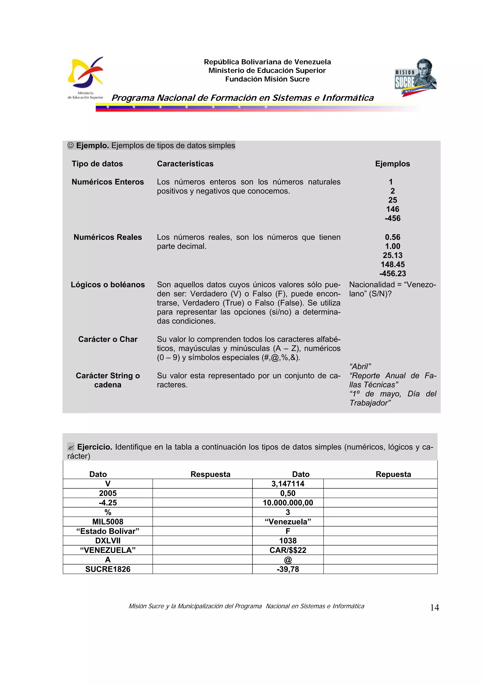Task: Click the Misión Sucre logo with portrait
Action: click(415, 78)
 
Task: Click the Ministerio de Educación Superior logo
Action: click(86, 78)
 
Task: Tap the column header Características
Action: click(185, 164)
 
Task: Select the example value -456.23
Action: click(393, 273)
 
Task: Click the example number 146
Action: click(393, 209)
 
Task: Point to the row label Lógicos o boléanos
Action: click(108, 285)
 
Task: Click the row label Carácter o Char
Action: click(108, 339)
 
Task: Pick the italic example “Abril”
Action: click(360, 366)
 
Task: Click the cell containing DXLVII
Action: click(108, 541)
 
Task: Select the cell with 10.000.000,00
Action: click(288, 503)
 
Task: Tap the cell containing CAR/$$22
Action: click(288, 550)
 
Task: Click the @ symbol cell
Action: click(288, 560)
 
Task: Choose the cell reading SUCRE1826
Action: click(108, 569)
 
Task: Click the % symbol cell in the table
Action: click(108, 512)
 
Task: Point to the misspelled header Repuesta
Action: click(393, 474)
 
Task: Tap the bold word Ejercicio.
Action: click(95, 447)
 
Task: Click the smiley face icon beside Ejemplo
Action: click(71, 146)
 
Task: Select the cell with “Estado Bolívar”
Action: click(108, 531)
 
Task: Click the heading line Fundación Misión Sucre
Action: click(267, 79)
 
